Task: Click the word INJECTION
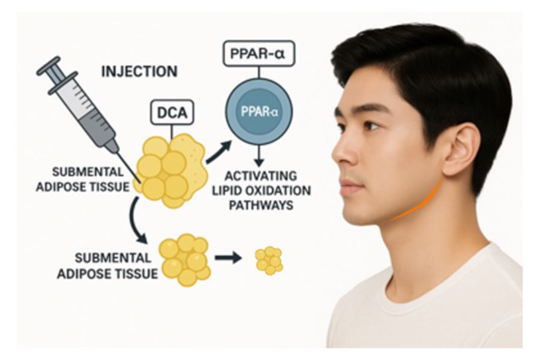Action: (x=139, y=71)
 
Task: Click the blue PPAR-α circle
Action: (x=259, y=114)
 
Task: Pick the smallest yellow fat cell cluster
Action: (x=269, y=260)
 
